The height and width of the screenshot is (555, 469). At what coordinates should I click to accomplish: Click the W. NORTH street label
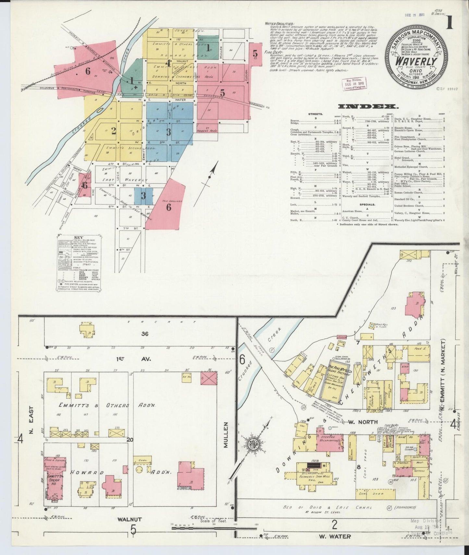tap(359, 422)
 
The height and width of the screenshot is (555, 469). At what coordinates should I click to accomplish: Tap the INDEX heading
tap(368, 106)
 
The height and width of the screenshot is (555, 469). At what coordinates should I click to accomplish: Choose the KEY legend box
tap(78, 263)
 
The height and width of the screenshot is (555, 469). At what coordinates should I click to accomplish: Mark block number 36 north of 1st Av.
tap(145, 333)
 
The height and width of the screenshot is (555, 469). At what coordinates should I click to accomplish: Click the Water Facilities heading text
tap(279, 24)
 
